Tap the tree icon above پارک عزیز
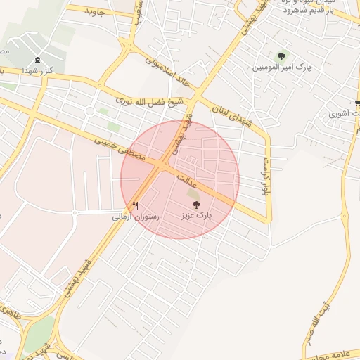tap(195, 204)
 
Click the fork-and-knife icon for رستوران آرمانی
tap(135, 205)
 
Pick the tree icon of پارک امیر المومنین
tap(282, 56)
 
